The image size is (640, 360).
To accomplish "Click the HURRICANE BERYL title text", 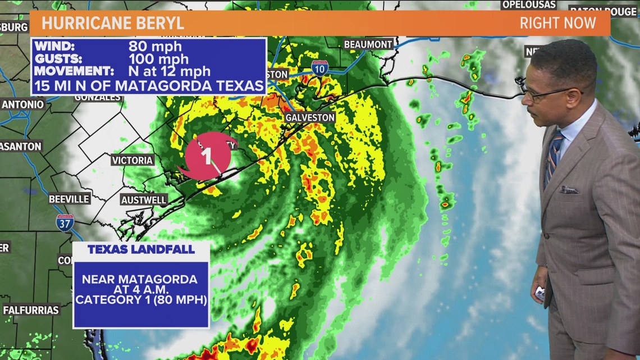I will [x=112, y=24].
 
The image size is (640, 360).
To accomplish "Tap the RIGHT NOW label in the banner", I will [x=557, y=24].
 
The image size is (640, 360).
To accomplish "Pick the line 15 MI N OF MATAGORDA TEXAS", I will [x=149, y=86].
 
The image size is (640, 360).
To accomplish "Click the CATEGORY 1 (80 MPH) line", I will [x=141, y=300].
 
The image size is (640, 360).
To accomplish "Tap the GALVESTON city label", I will [x=310, y=117].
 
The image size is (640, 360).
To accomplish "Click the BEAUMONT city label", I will [x=368, y=44].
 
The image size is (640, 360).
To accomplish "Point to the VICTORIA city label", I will [x=132, y=160].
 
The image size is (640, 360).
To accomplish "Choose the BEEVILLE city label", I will [x=69, y=199].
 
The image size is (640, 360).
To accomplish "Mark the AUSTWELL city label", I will [x=144, y=200].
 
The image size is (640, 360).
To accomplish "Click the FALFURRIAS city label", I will [x=31, y=310].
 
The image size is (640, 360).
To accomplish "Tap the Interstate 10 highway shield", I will [x=319, y=68].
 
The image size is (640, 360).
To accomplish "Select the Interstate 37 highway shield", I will [x=65, y=222].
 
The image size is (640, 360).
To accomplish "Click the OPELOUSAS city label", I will [x=528, y=4].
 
